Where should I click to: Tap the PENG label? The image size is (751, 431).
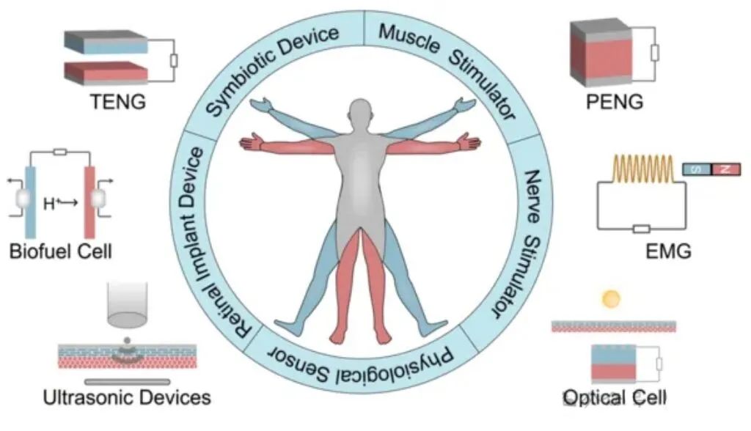[x=615, y=102]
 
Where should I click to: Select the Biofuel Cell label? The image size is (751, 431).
[x=61, y=253]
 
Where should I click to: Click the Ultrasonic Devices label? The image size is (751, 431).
[x=127, y=398]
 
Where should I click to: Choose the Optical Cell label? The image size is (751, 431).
[x=615, y=398]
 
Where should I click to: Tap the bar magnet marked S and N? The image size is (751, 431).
[x=711, y=169]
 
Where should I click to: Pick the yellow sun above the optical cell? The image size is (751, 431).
[x=610, y=299]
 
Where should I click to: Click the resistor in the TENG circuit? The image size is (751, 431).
[x=174, y=59]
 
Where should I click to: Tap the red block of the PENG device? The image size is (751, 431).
[x=601, y=59]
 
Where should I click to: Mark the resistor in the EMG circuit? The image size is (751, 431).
[x=641, y=228]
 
